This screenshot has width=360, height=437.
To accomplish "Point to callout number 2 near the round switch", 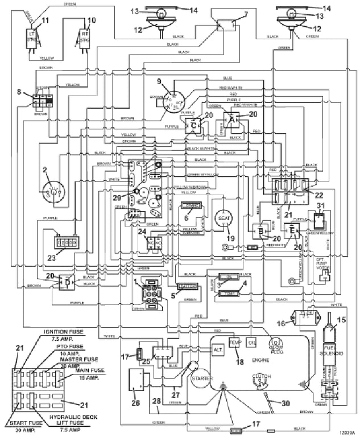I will (43, 171).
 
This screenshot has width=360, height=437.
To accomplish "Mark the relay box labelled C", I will (193, 125).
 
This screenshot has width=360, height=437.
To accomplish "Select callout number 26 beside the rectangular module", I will (134, 404).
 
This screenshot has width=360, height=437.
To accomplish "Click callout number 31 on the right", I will (320, 205).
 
